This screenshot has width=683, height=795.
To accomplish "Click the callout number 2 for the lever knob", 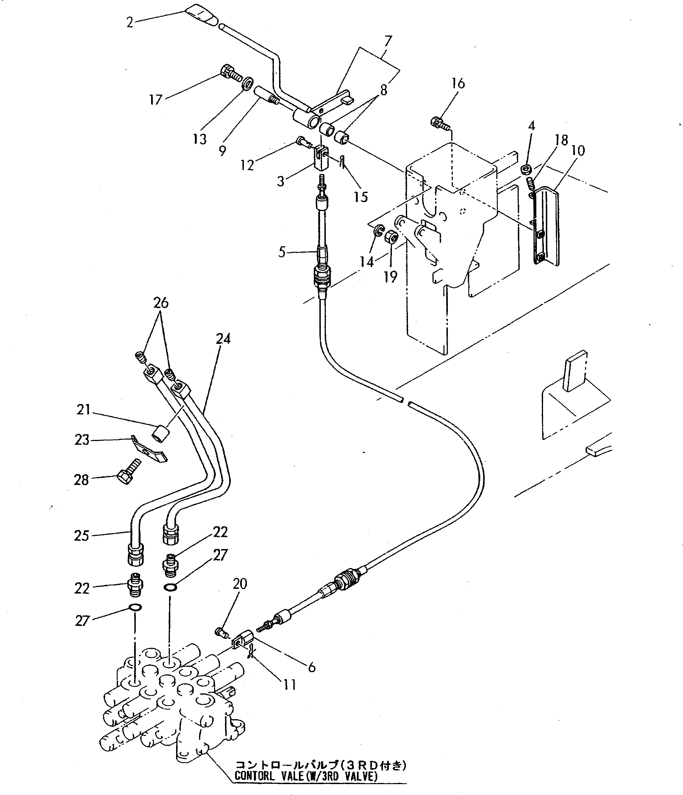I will [130, 23].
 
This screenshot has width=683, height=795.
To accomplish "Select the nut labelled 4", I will [527, 168].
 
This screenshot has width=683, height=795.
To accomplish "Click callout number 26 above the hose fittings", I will [161, 303].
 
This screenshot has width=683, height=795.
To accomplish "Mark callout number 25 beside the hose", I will [82, 536].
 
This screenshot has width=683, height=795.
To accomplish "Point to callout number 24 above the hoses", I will [223, 339].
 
